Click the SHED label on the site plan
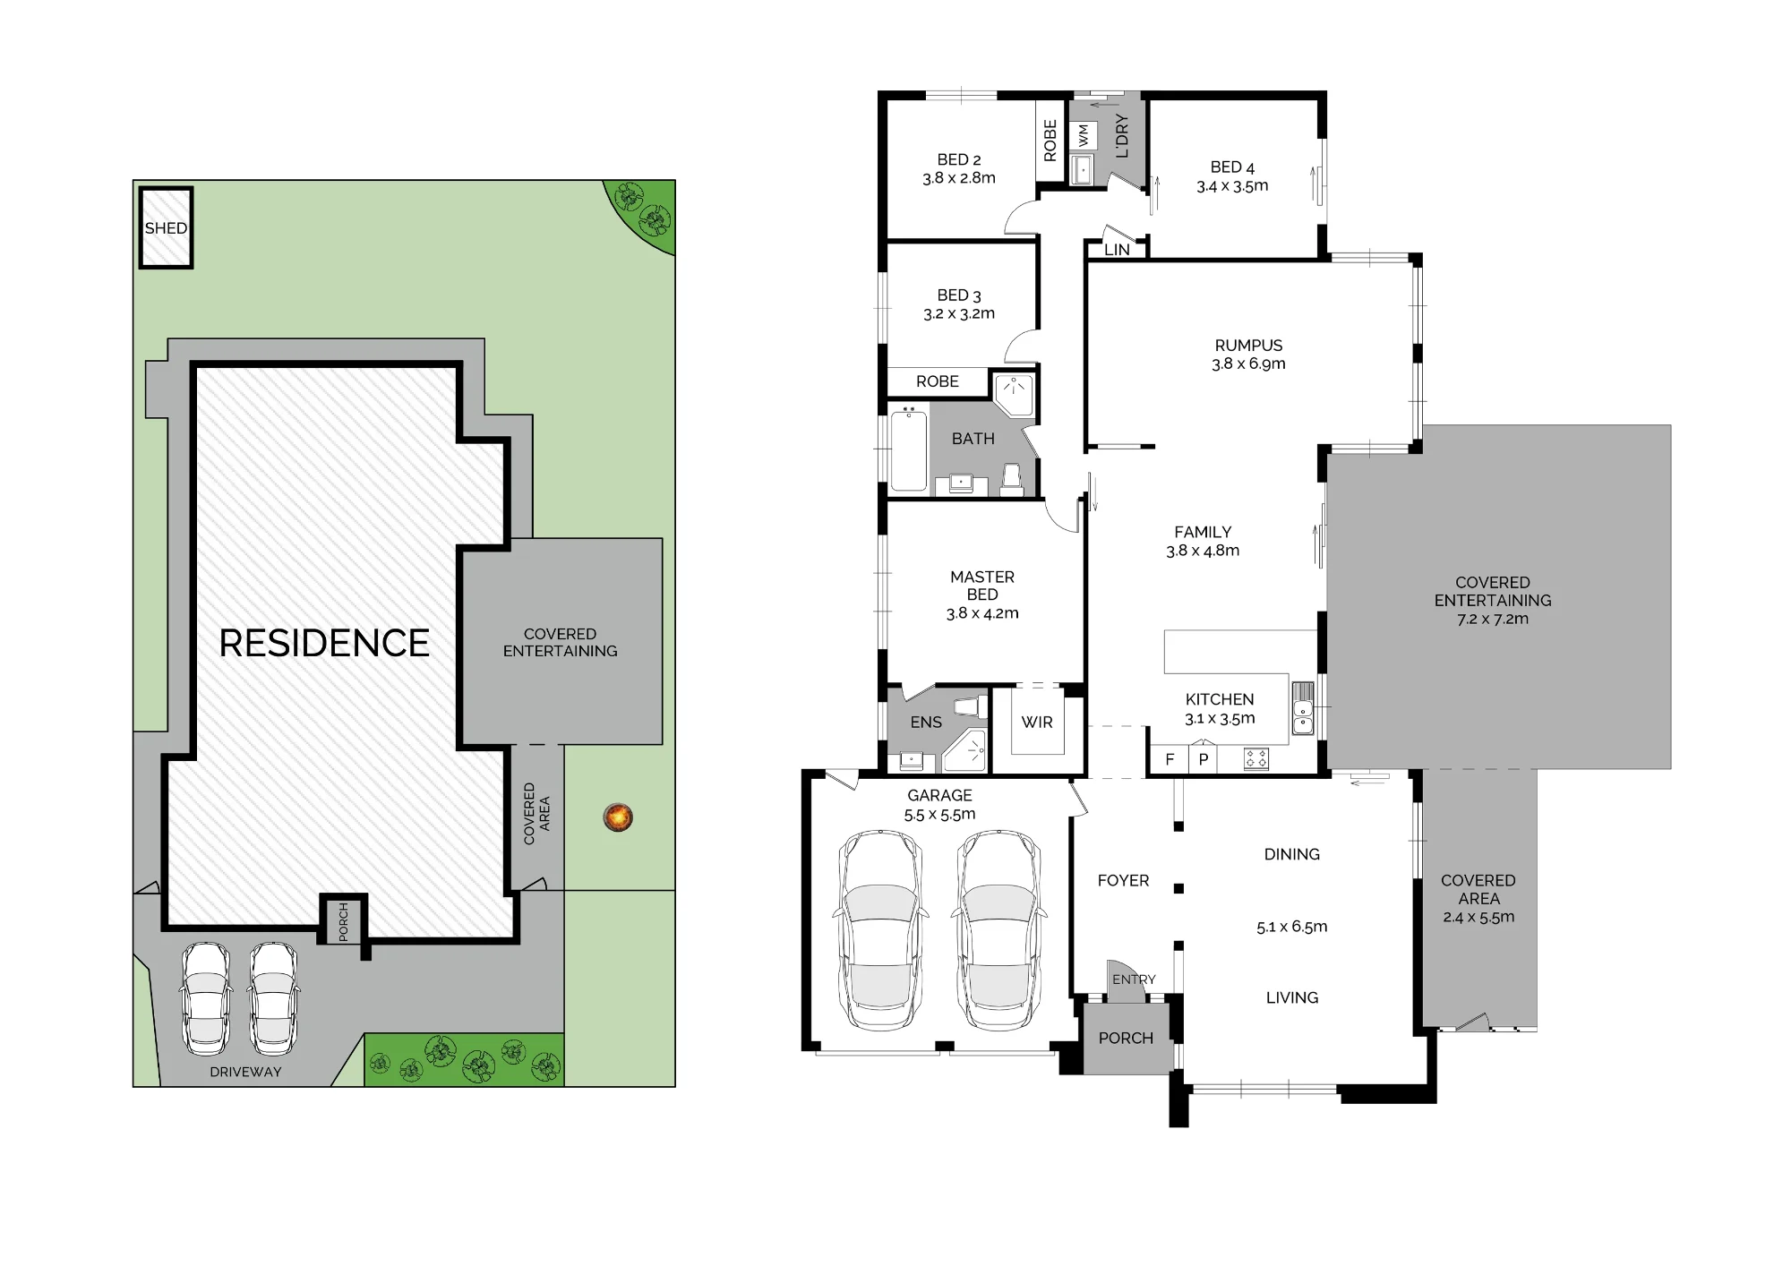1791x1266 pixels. (x=167, y=228)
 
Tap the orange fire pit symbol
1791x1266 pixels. (x=619, y=817)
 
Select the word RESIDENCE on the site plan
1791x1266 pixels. (x=324, y=643)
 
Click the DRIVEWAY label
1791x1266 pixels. (x=245, y=1072)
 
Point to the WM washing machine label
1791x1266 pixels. (x=1084, y=136)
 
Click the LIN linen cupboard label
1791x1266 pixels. (x=1117, y=250)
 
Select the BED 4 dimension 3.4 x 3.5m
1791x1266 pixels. (x=1232, y=186)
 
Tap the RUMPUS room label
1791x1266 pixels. (x=1248, y=345)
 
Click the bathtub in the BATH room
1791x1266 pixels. (x=908, y=449)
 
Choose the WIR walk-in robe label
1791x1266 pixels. (x=1037, y=723)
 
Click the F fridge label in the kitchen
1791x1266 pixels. (x=1170, y=760)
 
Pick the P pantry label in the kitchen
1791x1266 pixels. (x=1204, y=760)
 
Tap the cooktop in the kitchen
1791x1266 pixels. (x=1256, y=759)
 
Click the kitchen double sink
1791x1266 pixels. (x=1303, y=708)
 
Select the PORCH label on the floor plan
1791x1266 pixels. (x=1126, y=1038)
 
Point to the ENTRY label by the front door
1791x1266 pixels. (x=1134, y=979)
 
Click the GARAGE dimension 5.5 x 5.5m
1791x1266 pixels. (x=939, y=815)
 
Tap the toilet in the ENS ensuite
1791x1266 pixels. (x=968, y=706)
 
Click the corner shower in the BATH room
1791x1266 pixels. (x=1015, y=395)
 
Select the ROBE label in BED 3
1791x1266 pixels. (x=938, y=381)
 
